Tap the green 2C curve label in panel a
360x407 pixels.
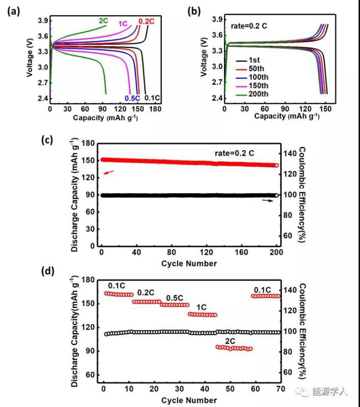point(103,21)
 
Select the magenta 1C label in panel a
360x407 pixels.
point(123,24)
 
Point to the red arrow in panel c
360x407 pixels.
point(109,173)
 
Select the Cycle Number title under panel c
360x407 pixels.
point(189,264)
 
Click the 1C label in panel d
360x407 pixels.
point(201,307)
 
